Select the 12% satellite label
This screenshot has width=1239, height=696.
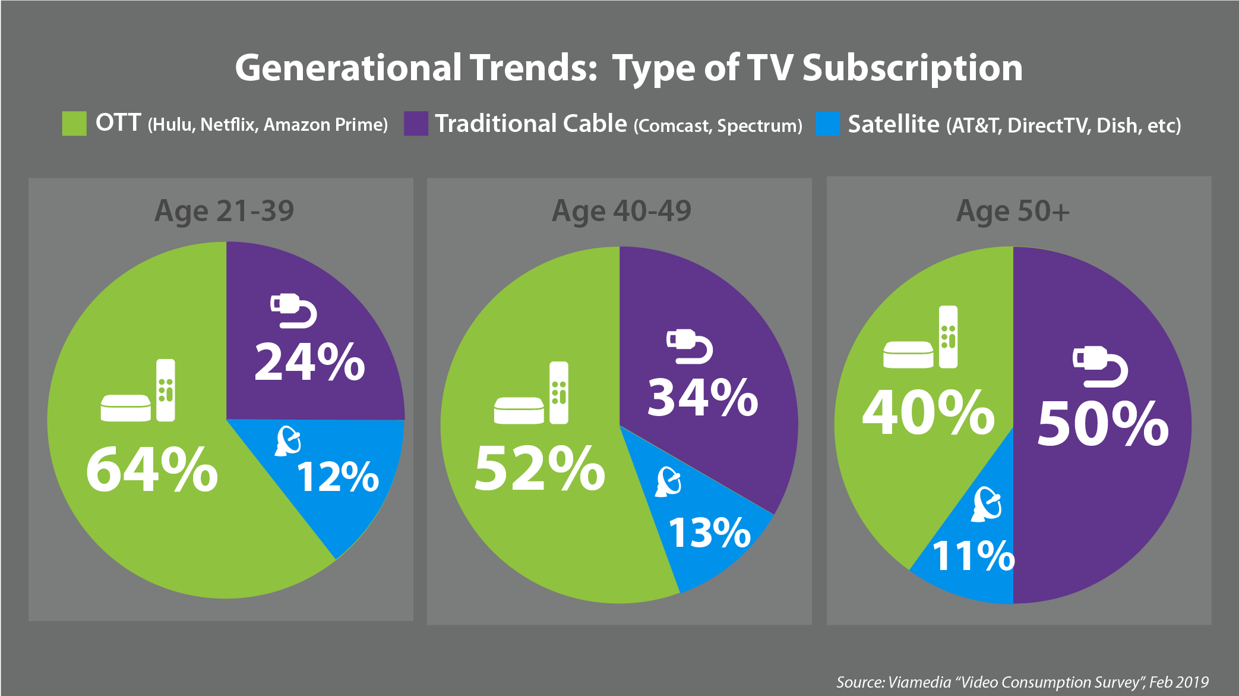(x=337, y=477)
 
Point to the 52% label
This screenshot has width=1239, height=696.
(x=539, y=469)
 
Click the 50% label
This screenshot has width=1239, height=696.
(x=1103, y=423)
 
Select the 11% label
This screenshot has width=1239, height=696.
(x=973, y=556)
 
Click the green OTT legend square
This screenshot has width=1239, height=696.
(x=74, y=124)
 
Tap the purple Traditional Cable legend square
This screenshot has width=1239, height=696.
(x=416, y=124)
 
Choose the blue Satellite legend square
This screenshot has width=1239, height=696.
(x=827, y=124)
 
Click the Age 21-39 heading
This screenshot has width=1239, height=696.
(x=225, y=211)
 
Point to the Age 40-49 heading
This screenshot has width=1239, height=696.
(x=621, y=211)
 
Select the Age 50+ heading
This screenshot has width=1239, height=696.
(x=1013, y=211)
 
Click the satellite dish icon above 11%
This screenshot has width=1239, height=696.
(x=987, y=504)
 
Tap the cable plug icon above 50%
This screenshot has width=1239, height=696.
(x=1100, y=366)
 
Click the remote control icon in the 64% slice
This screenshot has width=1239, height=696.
(x=166, y=390)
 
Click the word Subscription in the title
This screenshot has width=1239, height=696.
(x=912, y=68)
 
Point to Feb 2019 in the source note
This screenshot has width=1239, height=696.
(x=1178, y=682)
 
